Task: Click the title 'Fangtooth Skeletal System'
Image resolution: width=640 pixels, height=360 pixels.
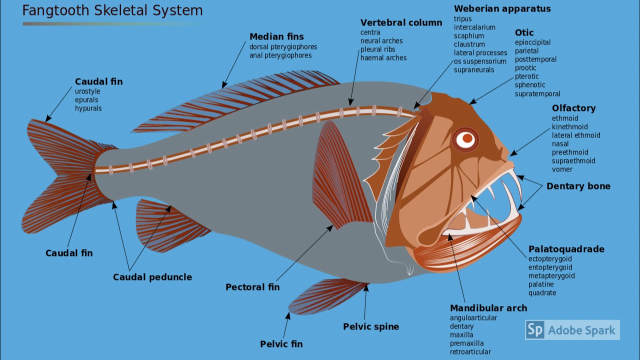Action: click(112, 10)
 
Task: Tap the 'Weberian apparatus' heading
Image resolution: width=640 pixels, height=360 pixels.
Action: click(502, 8)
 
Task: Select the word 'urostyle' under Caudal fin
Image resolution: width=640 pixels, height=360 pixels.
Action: click(87, 91)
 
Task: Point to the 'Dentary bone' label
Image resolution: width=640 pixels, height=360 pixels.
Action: click(578, 186)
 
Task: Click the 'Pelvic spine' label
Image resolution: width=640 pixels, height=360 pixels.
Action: click(370, 326)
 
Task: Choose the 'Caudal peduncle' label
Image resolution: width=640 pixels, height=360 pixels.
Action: click(152, 277)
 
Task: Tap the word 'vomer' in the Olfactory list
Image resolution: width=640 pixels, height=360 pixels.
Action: click(562, 169)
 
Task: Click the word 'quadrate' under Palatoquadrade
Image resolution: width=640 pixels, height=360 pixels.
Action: click(542, 293)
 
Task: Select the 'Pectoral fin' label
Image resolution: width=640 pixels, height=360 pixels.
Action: click(252, 287)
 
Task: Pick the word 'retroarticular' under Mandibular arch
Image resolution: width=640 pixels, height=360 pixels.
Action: click(470, 352)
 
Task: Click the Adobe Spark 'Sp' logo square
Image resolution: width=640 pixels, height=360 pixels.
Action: click(534, 330)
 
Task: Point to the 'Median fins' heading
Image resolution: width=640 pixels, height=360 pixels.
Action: click(276, 36)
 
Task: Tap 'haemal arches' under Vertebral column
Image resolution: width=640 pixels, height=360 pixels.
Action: click(383, 58)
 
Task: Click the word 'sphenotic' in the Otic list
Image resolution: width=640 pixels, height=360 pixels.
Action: click(530, 85)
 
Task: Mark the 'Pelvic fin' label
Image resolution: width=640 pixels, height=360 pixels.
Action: click(281, 344)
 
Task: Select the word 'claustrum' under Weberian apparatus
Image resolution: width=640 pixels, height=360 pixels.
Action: click(469, 44)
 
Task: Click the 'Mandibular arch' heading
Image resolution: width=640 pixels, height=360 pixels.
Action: click(488, 308)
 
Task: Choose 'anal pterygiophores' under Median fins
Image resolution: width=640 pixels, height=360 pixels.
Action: click(280, 55)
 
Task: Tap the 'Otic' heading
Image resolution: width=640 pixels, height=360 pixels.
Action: click(524, 32)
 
